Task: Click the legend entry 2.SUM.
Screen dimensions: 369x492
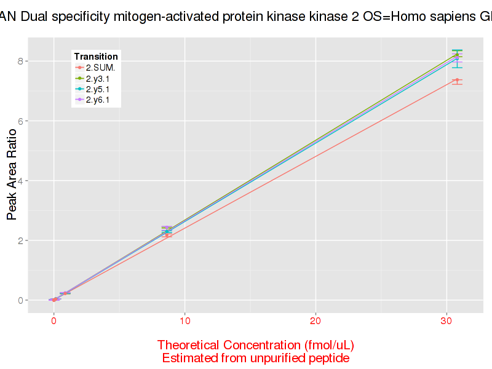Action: [x=100, y=68]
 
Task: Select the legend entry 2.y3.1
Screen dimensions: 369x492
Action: [x=98, y=78]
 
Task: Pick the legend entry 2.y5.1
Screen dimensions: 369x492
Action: [x=98, y=89]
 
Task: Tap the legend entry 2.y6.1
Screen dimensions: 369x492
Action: [x=98, y=99]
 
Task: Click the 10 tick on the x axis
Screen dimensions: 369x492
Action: [x=184, y=321]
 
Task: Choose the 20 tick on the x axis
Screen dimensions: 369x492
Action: [x=315, y=321]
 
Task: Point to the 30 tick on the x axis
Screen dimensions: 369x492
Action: [x=446, y=321]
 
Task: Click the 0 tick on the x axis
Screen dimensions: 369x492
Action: [x=54, y=321]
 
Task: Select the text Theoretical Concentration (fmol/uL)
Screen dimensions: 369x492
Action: [x=256, y=344]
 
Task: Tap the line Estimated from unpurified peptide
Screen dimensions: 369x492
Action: [x=256, y=358]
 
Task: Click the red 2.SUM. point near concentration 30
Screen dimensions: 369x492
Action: [x=457, y=80]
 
